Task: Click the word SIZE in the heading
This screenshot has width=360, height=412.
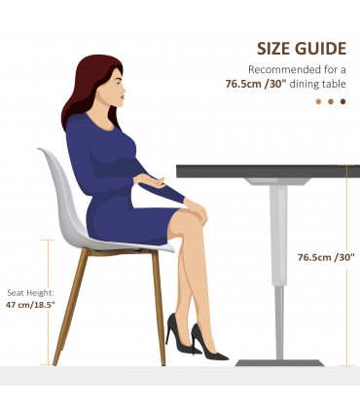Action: pyautogui.click(x=273, y=49)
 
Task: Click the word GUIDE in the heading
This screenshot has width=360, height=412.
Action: pyautogui.click(x=321, y=49)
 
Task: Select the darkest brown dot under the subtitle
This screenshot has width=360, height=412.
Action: pyautogui.click(x=342, y=101)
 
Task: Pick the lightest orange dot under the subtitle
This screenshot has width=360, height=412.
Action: pyautogui.click(x=318, y=101)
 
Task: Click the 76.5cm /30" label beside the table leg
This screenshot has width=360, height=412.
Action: pyautogui.click(x=326, y=257)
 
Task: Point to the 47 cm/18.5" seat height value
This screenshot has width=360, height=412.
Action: pyautogui.click(x=30, y=305)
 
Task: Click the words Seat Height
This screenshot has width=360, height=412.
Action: pyautogui.click(x=30, y=293)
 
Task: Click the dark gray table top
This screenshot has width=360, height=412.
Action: pyautogui.click(x=268, y=171)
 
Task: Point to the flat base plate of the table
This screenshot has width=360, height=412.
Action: pyautogui.click(x=279, y=362)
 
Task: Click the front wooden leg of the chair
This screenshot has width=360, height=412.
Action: pyautogui.click(x=159, y=308)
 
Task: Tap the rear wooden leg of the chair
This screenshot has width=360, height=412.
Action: pyautogui.click(x=70, y=307)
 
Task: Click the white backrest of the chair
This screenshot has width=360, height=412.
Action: pyautogui.click(x=61, y=194)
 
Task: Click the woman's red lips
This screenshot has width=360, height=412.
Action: pyautogui.click(x=123, y=96)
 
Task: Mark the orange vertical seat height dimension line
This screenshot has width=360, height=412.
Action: pyautogui.click(x=48, y=302)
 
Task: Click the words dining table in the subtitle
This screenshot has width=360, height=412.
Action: pyautogui.click(x=318, y=84)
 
